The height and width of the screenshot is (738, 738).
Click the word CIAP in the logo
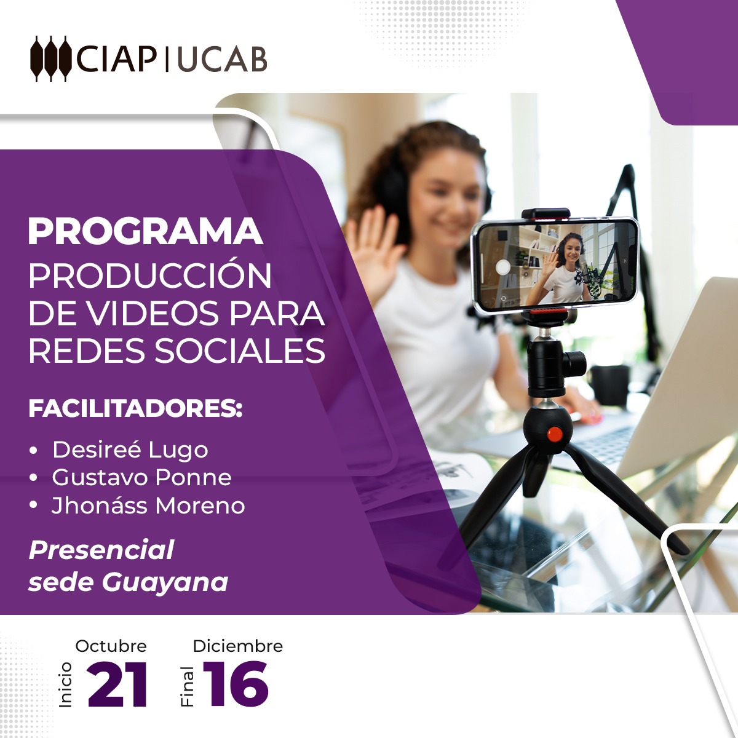[116, 60]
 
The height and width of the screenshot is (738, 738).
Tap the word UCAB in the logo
[222, 60]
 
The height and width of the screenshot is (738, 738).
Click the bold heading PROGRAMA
[146, 231]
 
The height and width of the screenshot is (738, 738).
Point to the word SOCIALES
[240, 350]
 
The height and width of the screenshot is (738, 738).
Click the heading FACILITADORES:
[135, 409]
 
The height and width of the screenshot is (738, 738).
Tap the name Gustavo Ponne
[141, 478]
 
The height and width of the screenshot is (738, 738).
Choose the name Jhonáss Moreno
[148, 505]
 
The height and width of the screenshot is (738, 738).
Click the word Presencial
[101, 550]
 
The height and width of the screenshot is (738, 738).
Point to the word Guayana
[165, 584]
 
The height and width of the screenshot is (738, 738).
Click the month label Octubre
[111, 646]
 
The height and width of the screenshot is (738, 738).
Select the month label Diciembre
[238, 646]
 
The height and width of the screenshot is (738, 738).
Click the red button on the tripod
[555, 434]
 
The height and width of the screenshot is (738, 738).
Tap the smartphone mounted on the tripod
[555, 264]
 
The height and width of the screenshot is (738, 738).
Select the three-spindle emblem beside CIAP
[51, 58]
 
